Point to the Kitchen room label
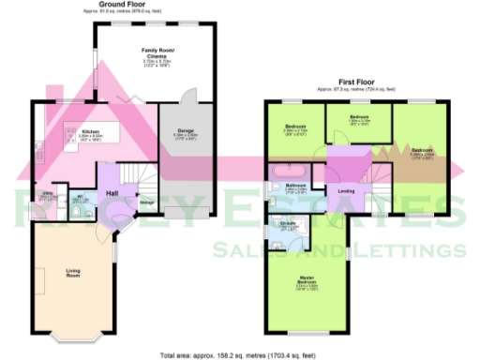pyautogui.click(x=90, y=132)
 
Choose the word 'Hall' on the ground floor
pyautogui.click(x=112, y=193)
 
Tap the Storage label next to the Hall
pyautogui.click(x=147, y=201)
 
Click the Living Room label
pyautogui.click(x=73, y=273)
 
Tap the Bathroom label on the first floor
pyautogui.click(x=296, y=186)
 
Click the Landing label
pyautogui.click(x=345, y=191)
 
